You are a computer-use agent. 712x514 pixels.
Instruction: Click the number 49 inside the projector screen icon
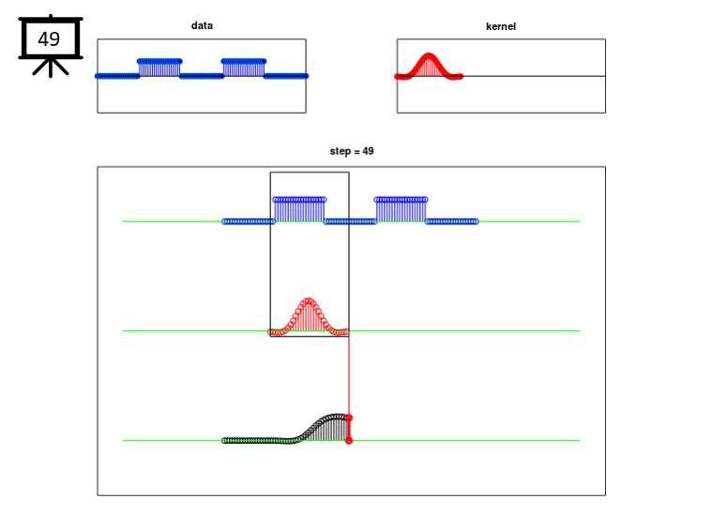[49, 39]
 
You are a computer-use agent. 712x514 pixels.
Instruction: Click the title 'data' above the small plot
[202, 25]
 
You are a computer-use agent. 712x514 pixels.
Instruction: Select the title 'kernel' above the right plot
[501, 26]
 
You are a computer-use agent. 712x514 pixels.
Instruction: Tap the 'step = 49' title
[352, 151]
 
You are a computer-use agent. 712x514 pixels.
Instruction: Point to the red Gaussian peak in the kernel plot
[428, 56]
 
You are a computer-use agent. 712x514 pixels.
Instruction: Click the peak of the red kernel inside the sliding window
[309, 300]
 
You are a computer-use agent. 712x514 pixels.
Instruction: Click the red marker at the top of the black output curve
[349, 417]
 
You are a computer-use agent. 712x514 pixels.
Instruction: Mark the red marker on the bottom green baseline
[349, 441]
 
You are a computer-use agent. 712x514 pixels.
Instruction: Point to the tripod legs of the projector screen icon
[51, 68]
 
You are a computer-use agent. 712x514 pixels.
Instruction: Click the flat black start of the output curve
[256, 441]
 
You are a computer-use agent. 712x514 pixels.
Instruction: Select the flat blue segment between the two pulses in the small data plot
[202, 76]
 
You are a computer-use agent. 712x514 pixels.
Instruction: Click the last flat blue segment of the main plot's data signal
[452, 221]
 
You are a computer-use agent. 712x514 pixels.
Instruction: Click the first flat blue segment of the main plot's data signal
[249, 221]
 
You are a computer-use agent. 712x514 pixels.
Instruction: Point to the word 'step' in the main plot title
[341, 152]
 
